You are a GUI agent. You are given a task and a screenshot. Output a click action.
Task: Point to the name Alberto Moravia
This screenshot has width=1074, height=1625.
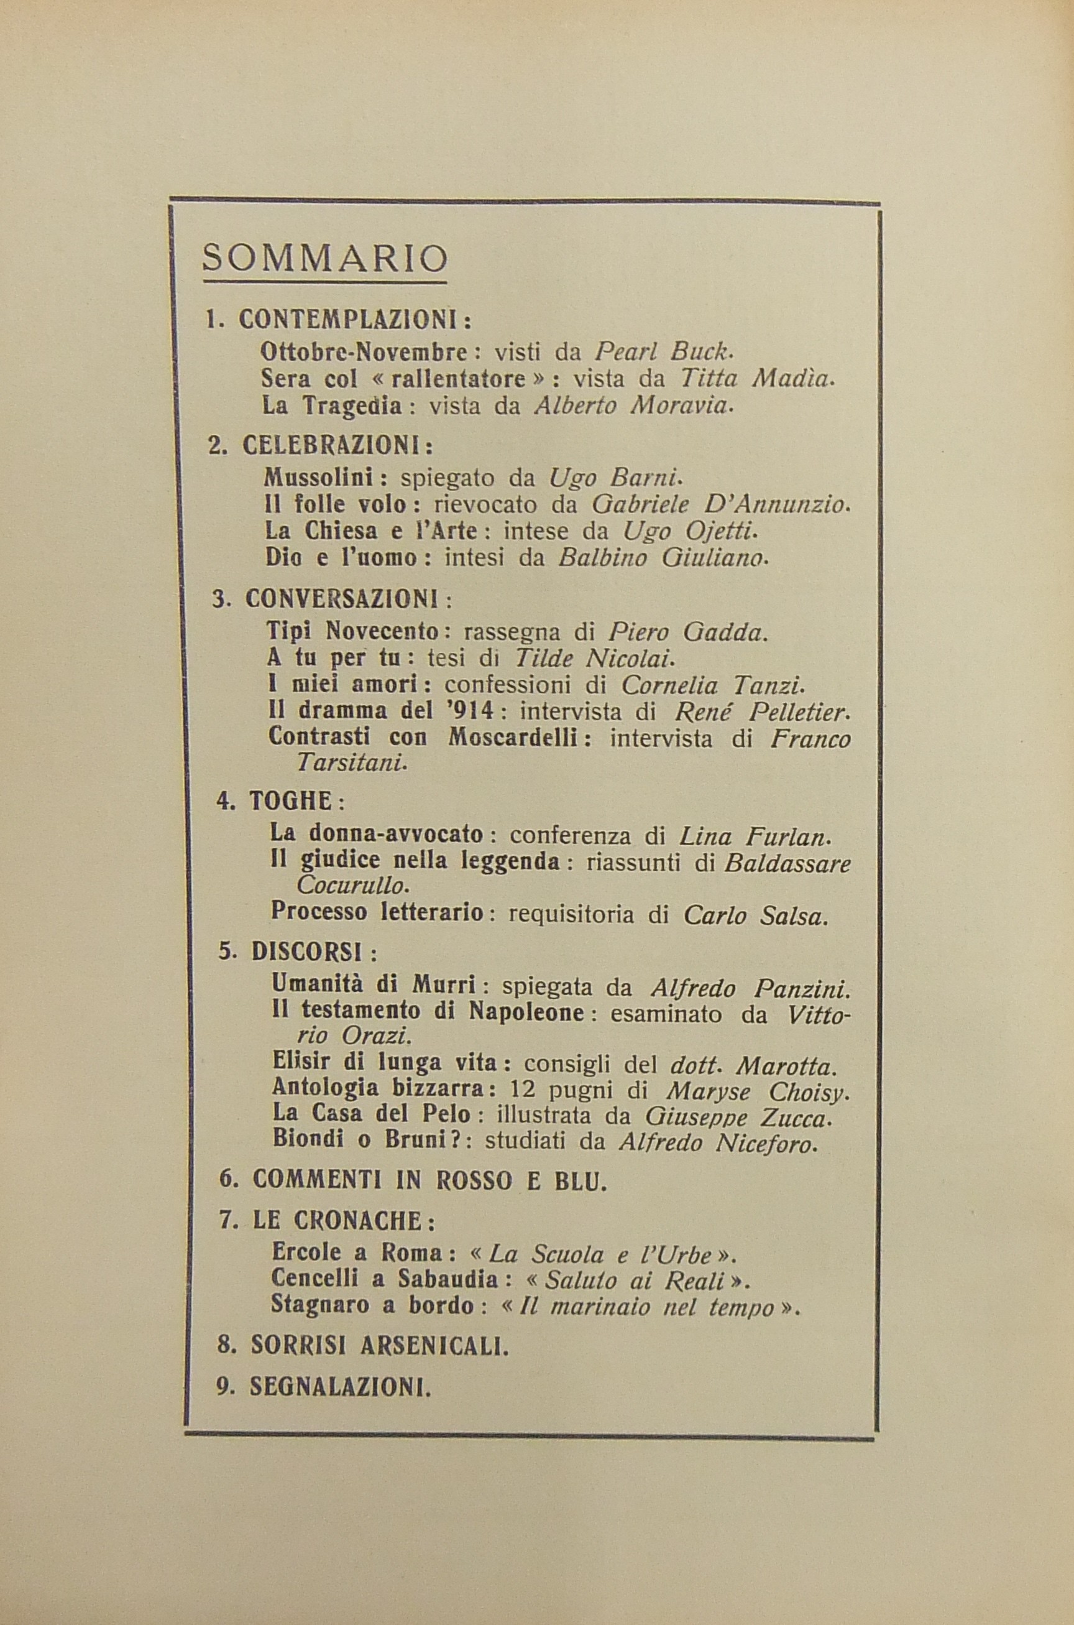click(633, 407)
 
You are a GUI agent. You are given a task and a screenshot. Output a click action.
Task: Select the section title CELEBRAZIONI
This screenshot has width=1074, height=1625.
click(337, 446)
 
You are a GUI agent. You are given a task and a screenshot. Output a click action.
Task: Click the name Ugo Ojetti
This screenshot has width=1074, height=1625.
click(689, 531)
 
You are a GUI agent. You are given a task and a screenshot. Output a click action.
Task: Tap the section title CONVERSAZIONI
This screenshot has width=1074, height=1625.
click(347, 600)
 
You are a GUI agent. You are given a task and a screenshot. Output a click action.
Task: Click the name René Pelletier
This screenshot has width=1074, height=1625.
click(761, 713)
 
